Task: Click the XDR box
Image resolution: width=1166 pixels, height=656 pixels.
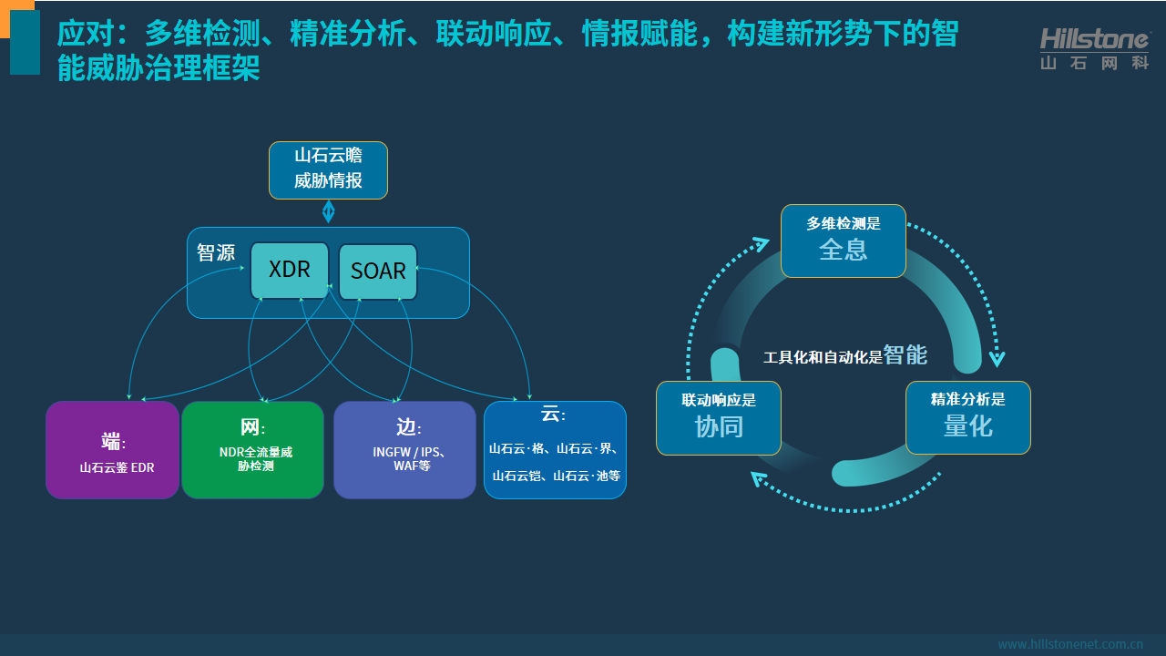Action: coord(289,270)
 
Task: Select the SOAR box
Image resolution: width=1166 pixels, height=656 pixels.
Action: coord(378,272)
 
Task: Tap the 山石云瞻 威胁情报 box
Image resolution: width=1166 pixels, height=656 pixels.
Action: coord(328,169)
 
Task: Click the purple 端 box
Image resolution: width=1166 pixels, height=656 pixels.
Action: coord(112,450)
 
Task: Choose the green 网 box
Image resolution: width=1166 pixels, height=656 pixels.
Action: coord(252,450)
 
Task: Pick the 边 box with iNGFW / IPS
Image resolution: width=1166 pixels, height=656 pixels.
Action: coord(404,450)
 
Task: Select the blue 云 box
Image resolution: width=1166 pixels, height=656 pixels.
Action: coord(555,450)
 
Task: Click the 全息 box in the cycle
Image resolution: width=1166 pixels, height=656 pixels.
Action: coord(844,241)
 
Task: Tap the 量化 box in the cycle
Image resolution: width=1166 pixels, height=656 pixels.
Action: coord(967,417)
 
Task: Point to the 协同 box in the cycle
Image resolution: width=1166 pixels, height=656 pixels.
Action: coord(719,418)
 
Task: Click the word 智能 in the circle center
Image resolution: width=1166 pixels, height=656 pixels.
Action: coord(905,355)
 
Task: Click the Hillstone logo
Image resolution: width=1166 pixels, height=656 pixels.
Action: coord(1094,48)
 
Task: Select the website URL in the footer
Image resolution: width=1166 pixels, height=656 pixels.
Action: coord(1070,644)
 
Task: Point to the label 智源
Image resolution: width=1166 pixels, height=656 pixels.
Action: coord(216,252)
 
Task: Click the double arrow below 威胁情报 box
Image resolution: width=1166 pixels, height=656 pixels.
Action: coord(329,211)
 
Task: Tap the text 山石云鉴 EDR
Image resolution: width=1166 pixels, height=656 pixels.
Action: coord(118,468)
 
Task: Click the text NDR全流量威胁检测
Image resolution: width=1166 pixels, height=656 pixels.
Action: coord(255,458)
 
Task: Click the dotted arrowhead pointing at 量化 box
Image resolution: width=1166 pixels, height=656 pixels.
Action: coord(997,358)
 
